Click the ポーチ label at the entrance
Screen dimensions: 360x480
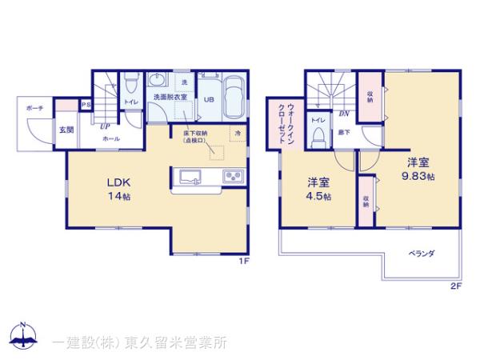[34, 107]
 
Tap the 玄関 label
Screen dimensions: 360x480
[66, 130]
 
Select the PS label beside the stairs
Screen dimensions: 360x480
[86, 105]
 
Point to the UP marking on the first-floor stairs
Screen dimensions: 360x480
[105, 125]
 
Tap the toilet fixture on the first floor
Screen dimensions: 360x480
[130, 82]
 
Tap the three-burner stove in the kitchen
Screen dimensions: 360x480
[233, 176]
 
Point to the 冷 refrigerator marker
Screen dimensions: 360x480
[238, 131]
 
